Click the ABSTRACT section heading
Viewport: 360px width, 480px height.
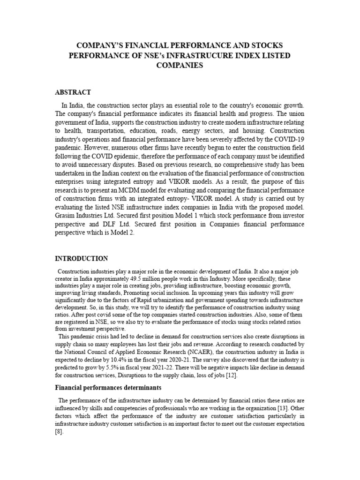[73, 92]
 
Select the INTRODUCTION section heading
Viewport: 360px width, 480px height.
[82, 258]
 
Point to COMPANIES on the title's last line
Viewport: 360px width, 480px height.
[180, 66]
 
